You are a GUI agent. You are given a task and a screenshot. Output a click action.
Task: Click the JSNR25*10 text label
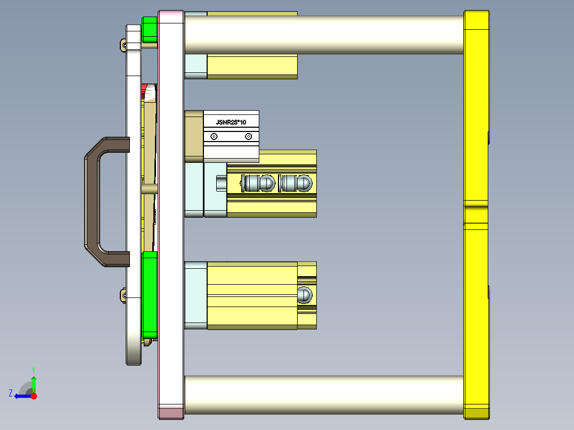click(231, 122)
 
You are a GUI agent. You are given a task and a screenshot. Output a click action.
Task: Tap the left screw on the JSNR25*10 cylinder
click(214, 137)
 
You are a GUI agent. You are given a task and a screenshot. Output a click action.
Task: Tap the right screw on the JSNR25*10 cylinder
click(248, 137)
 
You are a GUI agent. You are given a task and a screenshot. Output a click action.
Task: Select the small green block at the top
click(150, 29)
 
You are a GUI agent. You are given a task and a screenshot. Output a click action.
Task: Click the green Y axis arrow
click(34, 382)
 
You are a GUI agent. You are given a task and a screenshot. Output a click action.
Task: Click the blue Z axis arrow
click(21, 396)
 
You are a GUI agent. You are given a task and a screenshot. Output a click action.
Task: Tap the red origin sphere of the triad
click(34, 396)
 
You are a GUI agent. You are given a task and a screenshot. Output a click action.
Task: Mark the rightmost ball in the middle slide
click(303, 184)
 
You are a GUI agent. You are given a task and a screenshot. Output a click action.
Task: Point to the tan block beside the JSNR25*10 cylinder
click(194, 136)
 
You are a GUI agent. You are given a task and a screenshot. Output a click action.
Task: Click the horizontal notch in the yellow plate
click(477, 204)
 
